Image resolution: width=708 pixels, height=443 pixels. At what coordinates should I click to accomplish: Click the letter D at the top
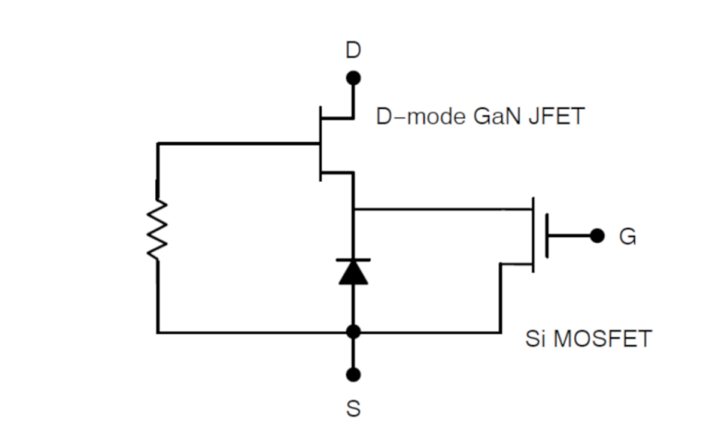click(354, 51)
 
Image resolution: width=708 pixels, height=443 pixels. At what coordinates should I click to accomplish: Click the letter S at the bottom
click(354, 407)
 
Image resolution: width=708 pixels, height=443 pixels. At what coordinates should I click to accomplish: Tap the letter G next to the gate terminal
click(627, 237)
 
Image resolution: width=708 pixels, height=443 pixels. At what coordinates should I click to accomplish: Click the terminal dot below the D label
click(354, 79)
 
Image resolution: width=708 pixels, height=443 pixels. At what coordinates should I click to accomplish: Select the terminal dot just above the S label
click(354, 375)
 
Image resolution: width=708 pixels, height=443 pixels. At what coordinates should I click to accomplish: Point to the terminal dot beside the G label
click(597, 236)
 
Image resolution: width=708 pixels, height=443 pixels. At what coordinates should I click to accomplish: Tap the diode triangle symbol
click(354, 272)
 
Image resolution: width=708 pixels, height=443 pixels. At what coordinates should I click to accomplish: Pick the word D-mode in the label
click(421, 118)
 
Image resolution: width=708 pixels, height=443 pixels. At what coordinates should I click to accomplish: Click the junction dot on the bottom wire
click(354, 331)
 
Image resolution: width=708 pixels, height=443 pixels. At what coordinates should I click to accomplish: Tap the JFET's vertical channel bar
click(319, 143)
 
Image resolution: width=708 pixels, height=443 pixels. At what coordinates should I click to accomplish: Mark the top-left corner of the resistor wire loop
click(158, 144)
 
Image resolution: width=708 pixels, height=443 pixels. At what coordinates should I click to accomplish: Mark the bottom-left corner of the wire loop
click(158, 331)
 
